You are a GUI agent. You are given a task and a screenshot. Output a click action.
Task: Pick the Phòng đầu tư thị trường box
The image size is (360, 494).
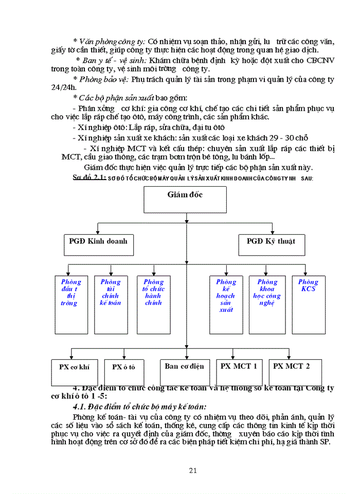(71, 305)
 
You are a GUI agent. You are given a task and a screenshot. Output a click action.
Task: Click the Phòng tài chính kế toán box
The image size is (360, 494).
(111, 305)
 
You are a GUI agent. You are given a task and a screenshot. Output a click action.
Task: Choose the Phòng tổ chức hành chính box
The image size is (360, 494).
(153, 305)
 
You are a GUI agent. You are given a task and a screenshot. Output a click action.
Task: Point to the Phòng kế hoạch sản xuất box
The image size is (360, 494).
(226, 305)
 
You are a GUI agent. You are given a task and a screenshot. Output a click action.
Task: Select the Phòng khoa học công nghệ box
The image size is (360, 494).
(267, 305)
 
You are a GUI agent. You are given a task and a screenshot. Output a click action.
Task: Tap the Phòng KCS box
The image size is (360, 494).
(309, 305)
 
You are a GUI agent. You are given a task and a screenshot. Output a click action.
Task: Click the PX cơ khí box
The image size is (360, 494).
(74, 372)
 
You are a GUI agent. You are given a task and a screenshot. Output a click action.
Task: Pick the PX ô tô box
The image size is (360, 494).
(123, 372)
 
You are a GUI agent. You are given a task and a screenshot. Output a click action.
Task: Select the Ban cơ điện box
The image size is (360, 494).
(185, 372)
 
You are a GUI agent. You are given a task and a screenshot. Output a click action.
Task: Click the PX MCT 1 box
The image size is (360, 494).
(239, 372)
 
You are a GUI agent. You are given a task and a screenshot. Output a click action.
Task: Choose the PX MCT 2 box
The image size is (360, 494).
(292, 372)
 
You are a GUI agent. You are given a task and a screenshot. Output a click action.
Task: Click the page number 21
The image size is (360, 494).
(193, 470)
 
